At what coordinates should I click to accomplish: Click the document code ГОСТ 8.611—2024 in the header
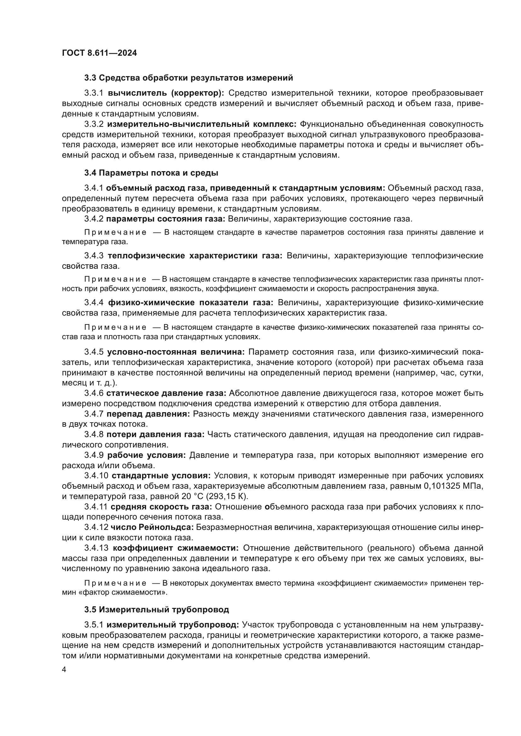99,53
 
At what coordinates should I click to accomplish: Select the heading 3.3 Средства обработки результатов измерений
189,78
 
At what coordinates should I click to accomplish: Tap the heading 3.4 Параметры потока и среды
151,173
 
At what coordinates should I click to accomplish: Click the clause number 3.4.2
94,219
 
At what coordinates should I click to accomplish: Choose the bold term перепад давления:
148,414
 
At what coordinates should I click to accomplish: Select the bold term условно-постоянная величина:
176,352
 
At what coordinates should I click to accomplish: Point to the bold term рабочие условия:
146,455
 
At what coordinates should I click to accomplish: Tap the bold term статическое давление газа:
166,393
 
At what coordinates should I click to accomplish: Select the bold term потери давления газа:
155,434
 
